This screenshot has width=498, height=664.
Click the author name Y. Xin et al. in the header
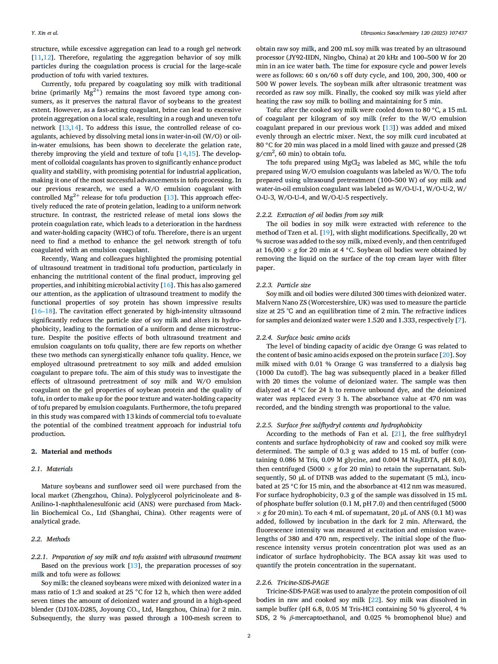[x=45, y=33]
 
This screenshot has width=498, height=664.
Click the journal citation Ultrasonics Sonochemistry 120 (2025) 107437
[x=414, y=33]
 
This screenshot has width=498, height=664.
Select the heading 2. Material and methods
[x=71, y=451]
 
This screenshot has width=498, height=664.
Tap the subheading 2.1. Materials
[x=52, y=469]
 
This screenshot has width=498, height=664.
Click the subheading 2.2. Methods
[x=51, y=539]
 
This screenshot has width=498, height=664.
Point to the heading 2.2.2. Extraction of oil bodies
[x=320, y=215]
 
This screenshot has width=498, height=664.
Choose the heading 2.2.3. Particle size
[x=283, y=285]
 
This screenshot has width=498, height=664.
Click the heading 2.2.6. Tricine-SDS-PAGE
[x=292, y=583]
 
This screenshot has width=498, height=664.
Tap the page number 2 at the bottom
[x=249, y=636]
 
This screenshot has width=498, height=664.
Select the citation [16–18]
[x=43, y=311]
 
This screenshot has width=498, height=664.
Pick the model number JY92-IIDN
[x=307, y=58]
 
